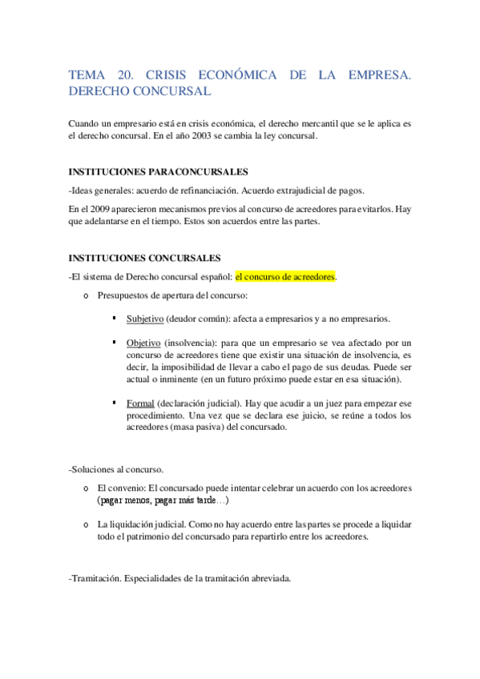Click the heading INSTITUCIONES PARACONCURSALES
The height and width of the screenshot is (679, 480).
click(x=159, y=172)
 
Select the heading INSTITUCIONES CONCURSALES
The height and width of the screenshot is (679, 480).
click(x=144, y=258)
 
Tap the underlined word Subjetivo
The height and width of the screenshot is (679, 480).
click(x=145, y=318)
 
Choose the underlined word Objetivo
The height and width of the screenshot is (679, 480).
click(x=143, y=342)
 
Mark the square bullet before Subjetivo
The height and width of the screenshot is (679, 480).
click(x=116, y=318)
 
